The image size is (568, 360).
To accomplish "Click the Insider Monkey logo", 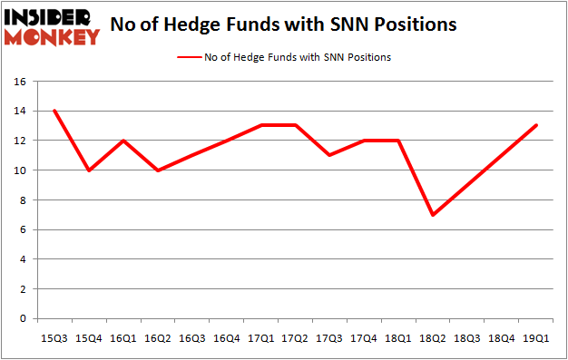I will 52,25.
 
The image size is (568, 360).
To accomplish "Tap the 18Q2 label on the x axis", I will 433,339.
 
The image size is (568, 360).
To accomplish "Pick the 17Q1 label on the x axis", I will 260,339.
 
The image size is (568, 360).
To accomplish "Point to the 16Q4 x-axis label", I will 226,339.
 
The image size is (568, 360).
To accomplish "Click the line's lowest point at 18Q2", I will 433,215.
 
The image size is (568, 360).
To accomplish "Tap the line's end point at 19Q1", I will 536,125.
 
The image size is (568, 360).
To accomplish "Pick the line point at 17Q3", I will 329,155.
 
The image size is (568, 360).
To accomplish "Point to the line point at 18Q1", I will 398,141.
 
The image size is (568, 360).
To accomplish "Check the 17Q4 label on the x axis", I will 364,339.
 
